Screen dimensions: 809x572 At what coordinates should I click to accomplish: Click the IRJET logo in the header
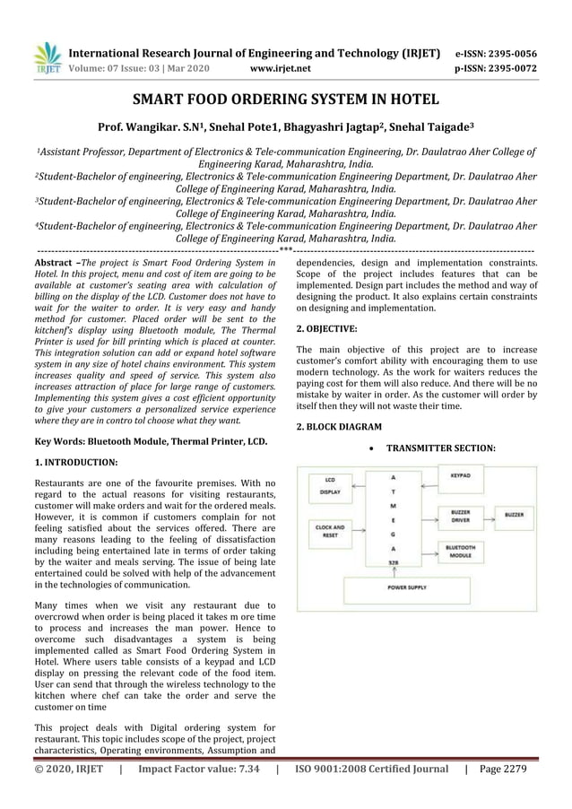click(x=46, y=58)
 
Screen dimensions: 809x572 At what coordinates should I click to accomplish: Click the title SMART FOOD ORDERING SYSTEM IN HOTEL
click(x=285, y=100)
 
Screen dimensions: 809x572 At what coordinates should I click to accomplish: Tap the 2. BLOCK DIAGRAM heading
click(x=339, y=427)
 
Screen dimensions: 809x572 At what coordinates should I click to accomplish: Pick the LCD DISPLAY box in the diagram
click(x=331, y=487)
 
